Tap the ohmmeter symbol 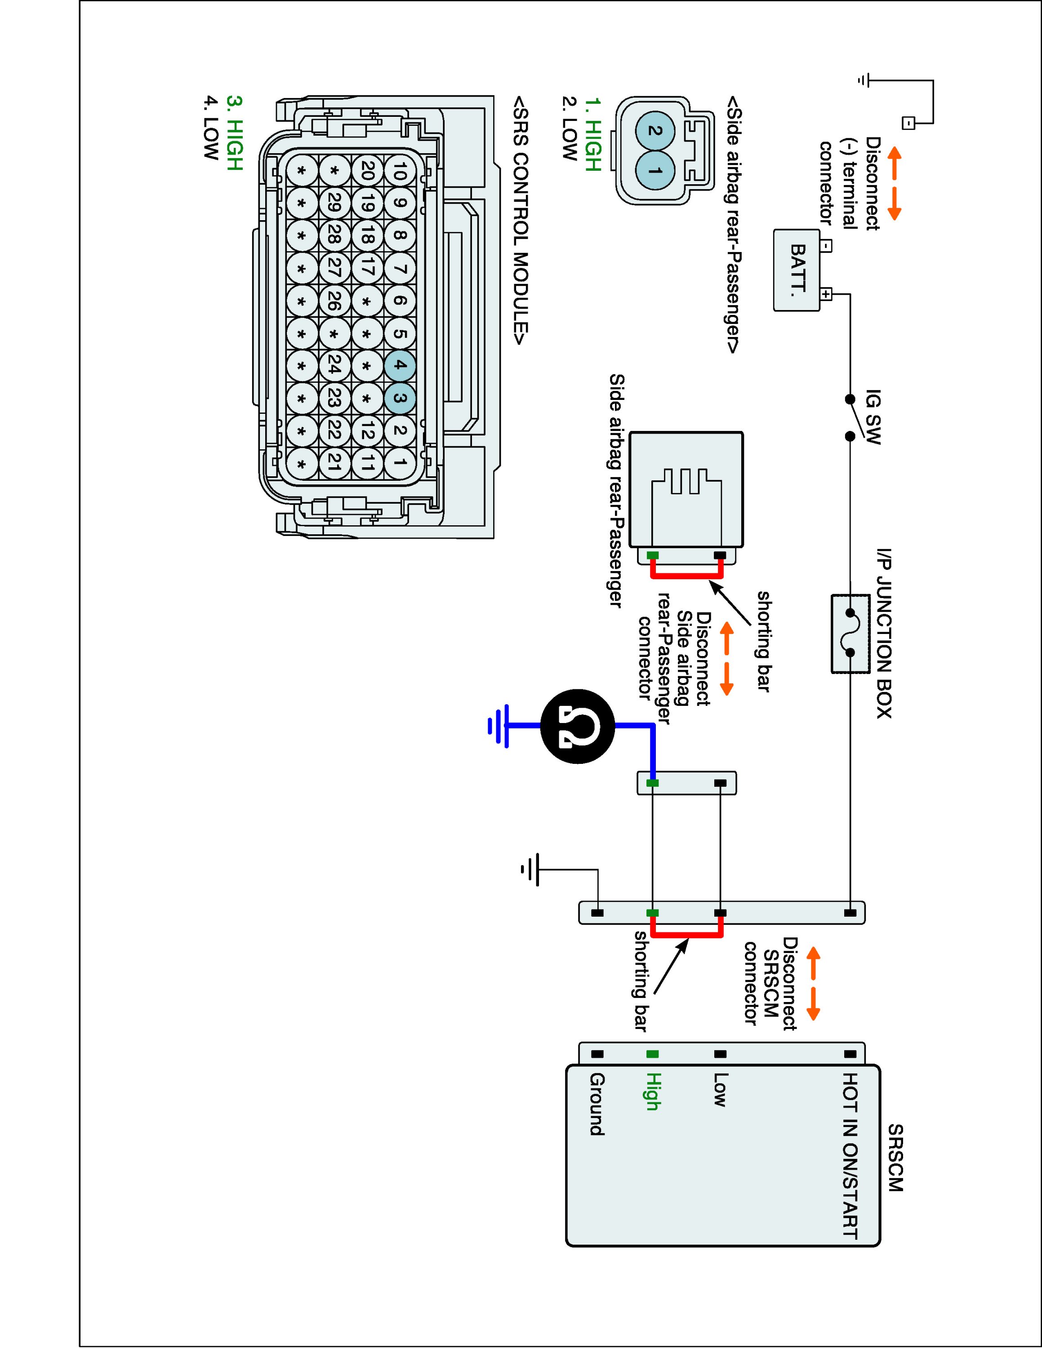tap(578, 727)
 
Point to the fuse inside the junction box tap(850, 633)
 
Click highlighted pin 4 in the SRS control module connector tap(399, 365)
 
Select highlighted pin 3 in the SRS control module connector tap(399, 398)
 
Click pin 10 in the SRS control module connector tap(399, 170)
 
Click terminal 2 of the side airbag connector tap(655, 131)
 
